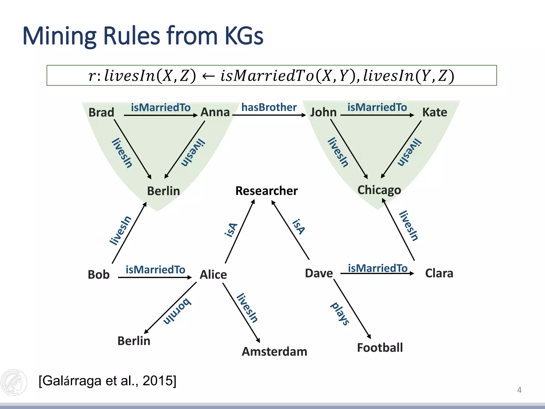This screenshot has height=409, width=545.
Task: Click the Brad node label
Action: click(101, 112)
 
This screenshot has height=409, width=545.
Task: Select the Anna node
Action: click(215, 112)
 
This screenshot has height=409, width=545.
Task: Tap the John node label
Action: click(323, 112)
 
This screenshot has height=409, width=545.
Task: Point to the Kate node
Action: click(435, 112)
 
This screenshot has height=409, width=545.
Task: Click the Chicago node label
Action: click(379, 190)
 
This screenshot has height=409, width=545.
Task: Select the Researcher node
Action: click(266, 191)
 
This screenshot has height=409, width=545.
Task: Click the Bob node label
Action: click(98, 275)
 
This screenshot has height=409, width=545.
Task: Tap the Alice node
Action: click(213, 275)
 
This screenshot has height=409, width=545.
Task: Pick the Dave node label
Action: click(319, 273)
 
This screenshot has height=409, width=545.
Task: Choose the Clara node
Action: click(439, 273)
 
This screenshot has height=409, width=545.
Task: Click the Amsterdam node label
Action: click(274, 351)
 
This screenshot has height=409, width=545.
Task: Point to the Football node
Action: click(380, 348)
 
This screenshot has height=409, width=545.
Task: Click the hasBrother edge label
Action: click(269, 107)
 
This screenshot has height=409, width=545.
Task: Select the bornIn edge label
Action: click(177, 311)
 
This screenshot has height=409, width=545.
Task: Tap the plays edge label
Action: click(340, 314)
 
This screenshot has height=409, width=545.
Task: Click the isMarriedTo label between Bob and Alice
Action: click(155, 270)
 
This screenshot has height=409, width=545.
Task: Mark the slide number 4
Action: click(519, 390)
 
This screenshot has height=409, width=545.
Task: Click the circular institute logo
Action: click(14, 382)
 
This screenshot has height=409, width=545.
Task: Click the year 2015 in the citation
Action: click(158, 381)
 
